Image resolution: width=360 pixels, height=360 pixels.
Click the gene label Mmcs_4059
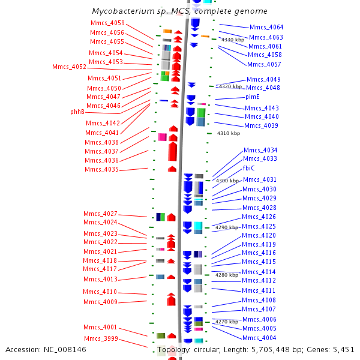pos(107,23)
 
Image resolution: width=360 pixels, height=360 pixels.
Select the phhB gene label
pos(77,112)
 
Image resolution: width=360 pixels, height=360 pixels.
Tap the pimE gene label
pos(253,97)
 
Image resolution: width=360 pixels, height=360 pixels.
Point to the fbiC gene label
pos(248,168)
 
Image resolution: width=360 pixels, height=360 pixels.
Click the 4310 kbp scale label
pos(229,133)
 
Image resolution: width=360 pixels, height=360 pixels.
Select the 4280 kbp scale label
pos(227,275)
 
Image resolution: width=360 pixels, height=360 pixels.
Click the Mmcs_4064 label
pos(266,27)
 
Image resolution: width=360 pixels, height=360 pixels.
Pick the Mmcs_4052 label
pos(69,67)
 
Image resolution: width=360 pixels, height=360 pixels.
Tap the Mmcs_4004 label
pos(259,338)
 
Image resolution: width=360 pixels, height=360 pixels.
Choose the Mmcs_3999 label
pos(101,338)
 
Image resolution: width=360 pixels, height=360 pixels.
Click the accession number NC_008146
pos(65,349)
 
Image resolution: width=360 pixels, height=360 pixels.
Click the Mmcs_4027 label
pos(100,214)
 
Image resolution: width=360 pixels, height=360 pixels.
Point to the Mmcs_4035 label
pos(101,169)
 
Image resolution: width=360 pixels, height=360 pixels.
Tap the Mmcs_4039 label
pos(261,125)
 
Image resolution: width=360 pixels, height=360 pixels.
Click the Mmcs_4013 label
pos(100,279)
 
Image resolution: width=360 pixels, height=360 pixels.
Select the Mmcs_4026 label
pos(259,217)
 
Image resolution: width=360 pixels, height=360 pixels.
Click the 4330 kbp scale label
pos(233,40)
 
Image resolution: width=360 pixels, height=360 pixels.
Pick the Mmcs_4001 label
pos(100,327)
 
